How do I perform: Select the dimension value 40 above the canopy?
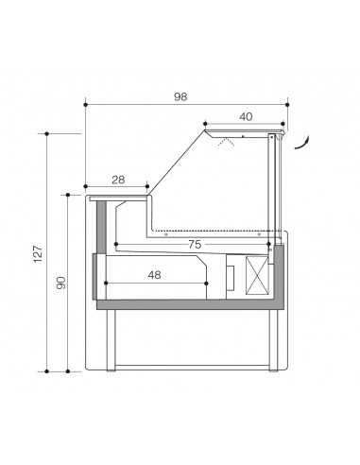pos(245,117)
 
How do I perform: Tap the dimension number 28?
pos(118,179)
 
